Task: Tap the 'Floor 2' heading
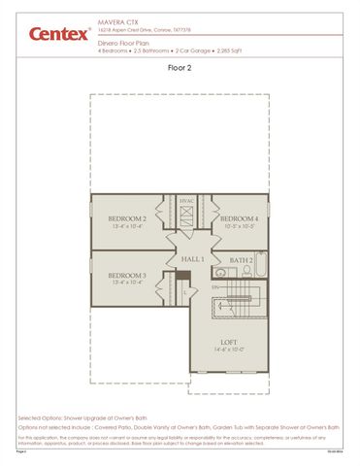click(180, 69)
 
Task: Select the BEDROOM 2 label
click(127, 219)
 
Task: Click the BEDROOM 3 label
click(127, 276)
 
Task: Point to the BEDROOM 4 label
click(239, 219)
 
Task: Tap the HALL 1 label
click(192, 259)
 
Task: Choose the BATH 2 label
click(241, 260)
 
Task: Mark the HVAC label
click(187, 201)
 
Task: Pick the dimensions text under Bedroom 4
click(239, 227)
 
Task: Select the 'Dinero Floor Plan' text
click(121, 44)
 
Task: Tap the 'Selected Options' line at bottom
click(78, 416)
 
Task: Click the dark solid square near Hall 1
click(181, 275)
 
